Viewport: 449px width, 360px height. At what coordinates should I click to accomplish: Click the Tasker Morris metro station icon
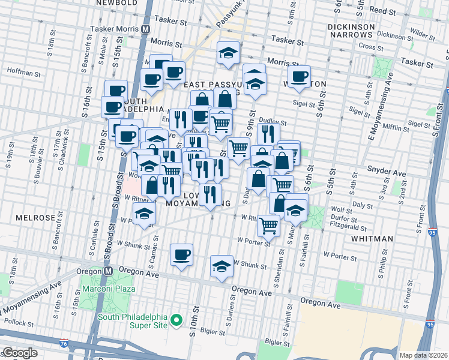tap(146, 29)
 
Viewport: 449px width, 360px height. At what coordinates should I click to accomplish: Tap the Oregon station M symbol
tap(108, 271)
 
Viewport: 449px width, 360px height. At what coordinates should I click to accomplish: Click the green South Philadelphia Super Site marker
tap(176, 322)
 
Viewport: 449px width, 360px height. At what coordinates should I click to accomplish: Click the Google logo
tap(19, 353)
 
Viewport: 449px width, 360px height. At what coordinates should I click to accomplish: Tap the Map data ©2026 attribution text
tap(423, 355)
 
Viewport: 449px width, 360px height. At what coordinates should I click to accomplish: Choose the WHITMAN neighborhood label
tap(372, 239)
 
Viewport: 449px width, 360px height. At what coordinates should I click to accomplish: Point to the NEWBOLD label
tap(114, 3)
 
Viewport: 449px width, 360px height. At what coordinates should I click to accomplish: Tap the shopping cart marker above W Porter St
tap(268, 224)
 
